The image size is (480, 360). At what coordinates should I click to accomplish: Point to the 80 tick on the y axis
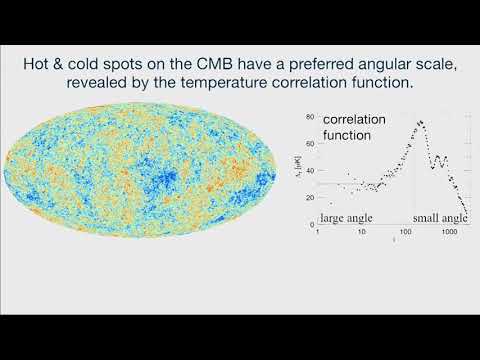[311, 113]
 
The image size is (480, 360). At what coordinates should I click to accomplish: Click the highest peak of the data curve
[420, 122]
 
